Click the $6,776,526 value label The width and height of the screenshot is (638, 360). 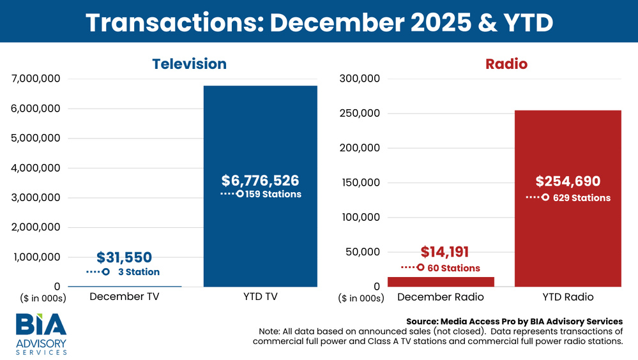coord(260,181)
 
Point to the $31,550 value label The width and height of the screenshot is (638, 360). coord(125,257)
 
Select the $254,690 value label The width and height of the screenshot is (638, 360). coord(568,181)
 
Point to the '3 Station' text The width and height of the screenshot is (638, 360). coord(139,272)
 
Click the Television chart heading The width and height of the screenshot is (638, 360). coord(189,64)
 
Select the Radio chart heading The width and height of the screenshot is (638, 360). coord(506,64)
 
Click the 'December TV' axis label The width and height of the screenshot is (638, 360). coord(124,297)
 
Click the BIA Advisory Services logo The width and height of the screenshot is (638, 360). coord(42,333)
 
